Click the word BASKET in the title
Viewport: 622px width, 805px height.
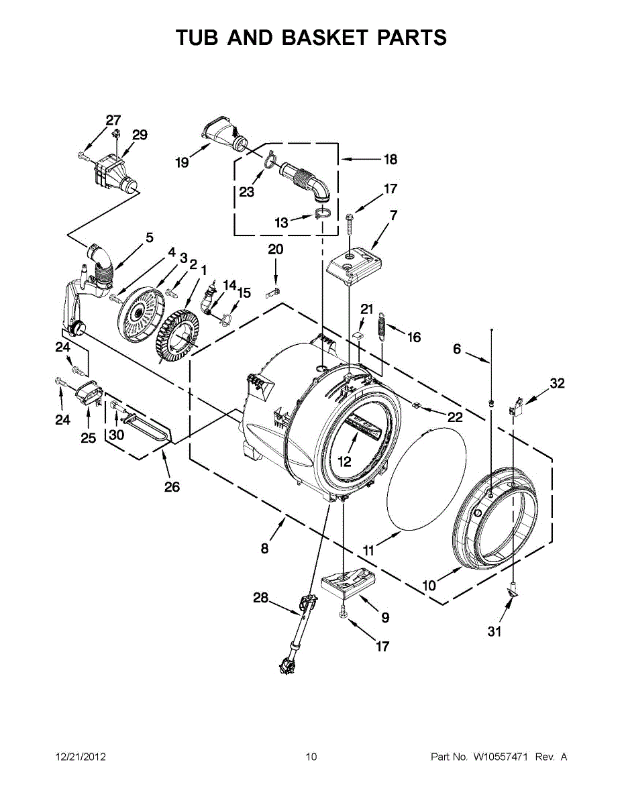coord(324,38)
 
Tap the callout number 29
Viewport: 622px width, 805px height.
coord(140,135)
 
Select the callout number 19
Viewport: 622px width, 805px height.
coord(183,162)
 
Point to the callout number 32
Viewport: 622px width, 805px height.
coord(557,384)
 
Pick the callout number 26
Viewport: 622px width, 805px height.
coord(172,486)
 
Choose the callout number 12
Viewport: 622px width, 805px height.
coord(344,462)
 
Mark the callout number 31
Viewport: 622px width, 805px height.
coord(495,631)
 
